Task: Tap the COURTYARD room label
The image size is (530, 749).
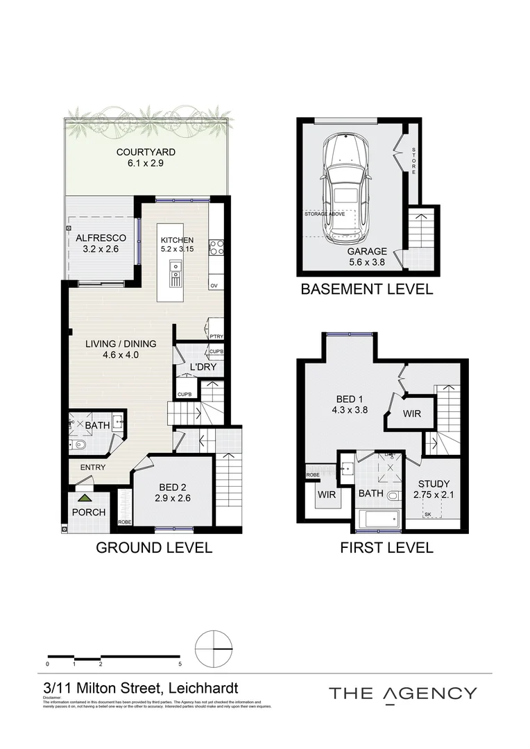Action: coord(146,152)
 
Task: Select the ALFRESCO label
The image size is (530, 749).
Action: coord(101,238)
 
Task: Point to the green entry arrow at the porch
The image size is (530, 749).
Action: coord(84,497)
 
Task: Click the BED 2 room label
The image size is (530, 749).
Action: coord(172,486)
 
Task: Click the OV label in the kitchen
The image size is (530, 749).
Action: coord(214,286)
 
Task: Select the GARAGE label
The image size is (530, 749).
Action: coord(367,251)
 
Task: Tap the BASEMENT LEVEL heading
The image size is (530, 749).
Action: coord(366,289)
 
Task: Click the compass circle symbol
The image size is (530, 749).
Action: coord(214,649)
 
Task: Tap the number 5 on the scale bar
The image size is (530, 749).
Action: coord(180,664)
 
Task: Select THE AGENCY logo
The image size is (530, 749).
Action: coord(402,693)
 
